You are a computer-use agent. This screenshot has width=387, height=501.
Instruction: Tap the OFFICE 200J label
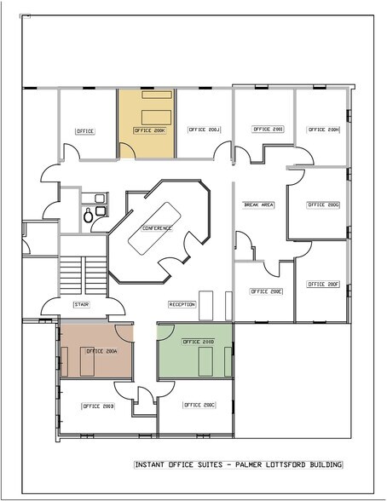[204, 130]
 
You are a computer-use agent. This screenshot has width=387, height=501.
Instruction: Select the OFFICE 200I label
[266, 129]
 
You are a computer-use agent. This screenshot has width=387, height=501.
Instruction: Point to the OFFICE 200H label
[323, 130]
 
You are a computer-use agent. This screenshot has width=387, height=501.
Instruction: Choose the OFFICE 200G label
[323, 204]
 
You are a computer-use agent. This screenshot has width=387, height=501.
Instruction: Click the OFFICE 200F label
[323, 284]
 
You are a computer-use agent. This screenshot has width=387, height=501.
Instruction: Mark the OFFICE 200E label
[266, 291]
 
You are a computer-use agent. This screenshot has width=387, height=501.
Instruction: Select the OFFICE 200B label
[97, 406]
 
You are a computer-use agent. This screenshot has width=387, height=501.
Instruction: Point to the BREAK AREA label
[258, 204]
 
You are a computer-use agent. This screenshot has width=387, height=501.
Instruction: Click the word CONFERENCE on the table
[157, 228]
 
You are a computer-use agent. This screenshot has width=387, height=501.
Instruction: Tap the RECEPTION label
[183, 304]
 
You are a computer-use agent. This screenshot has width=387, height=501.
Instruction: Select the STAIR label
[82, 303]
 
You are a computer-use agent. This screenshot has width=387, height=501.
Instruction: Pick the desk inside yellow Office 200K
[154, 116]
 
